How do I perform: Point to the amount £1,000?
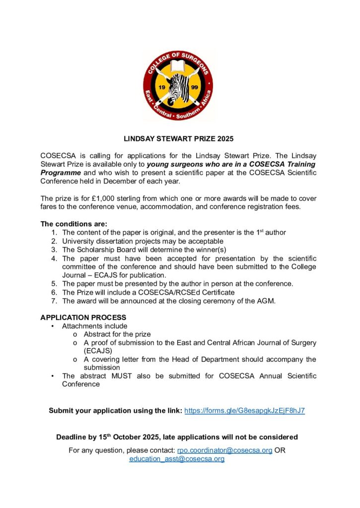(112, 198)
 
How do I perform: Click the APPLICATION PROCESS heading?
(83, 317)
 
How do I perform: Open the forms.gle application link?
(244, 411)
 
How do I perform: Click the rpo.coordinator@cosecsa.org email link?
(224, 450)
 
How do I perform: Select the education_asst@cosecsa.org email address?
(177, 459)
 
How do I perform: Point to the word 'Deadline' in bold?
(72, 437)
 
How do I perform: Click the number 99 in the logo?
(195, 88)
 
